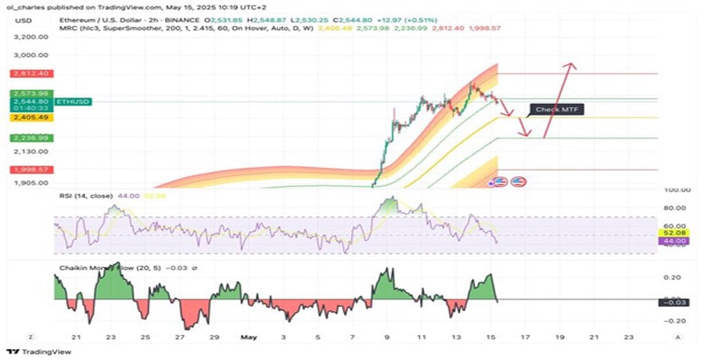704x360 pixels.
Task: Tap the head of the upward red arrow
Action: [573, 65]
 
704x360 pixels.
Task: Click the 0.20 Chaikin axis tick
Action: [670, 277]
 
